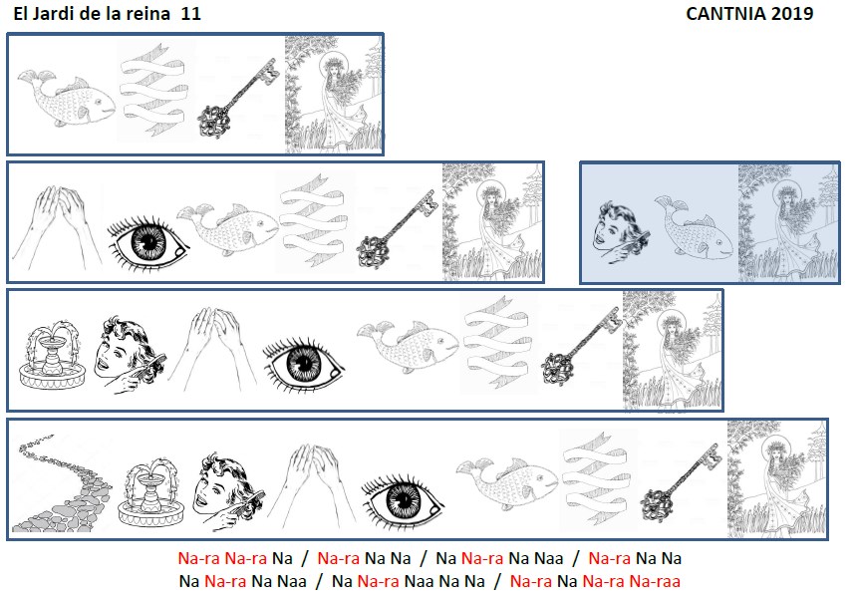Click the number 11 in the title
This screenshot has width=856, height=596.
[191, 14]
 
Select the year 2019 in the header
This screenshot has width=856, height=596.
[792, 14]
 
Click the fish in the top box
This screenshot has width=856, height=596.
[66, 100]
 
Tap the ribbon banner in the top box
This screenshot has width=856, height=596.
[153, 90]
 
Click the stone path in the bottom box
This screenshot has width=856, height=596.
[61, 483]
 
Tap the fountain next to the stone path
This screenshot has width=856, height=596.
[151, 492]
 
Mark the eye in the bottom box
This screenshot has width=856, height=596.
[403, 500]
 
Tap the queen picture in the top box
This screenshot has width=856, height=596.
[334, 95]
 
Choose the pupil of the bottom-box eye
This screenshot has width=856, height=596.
[404, 500]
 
